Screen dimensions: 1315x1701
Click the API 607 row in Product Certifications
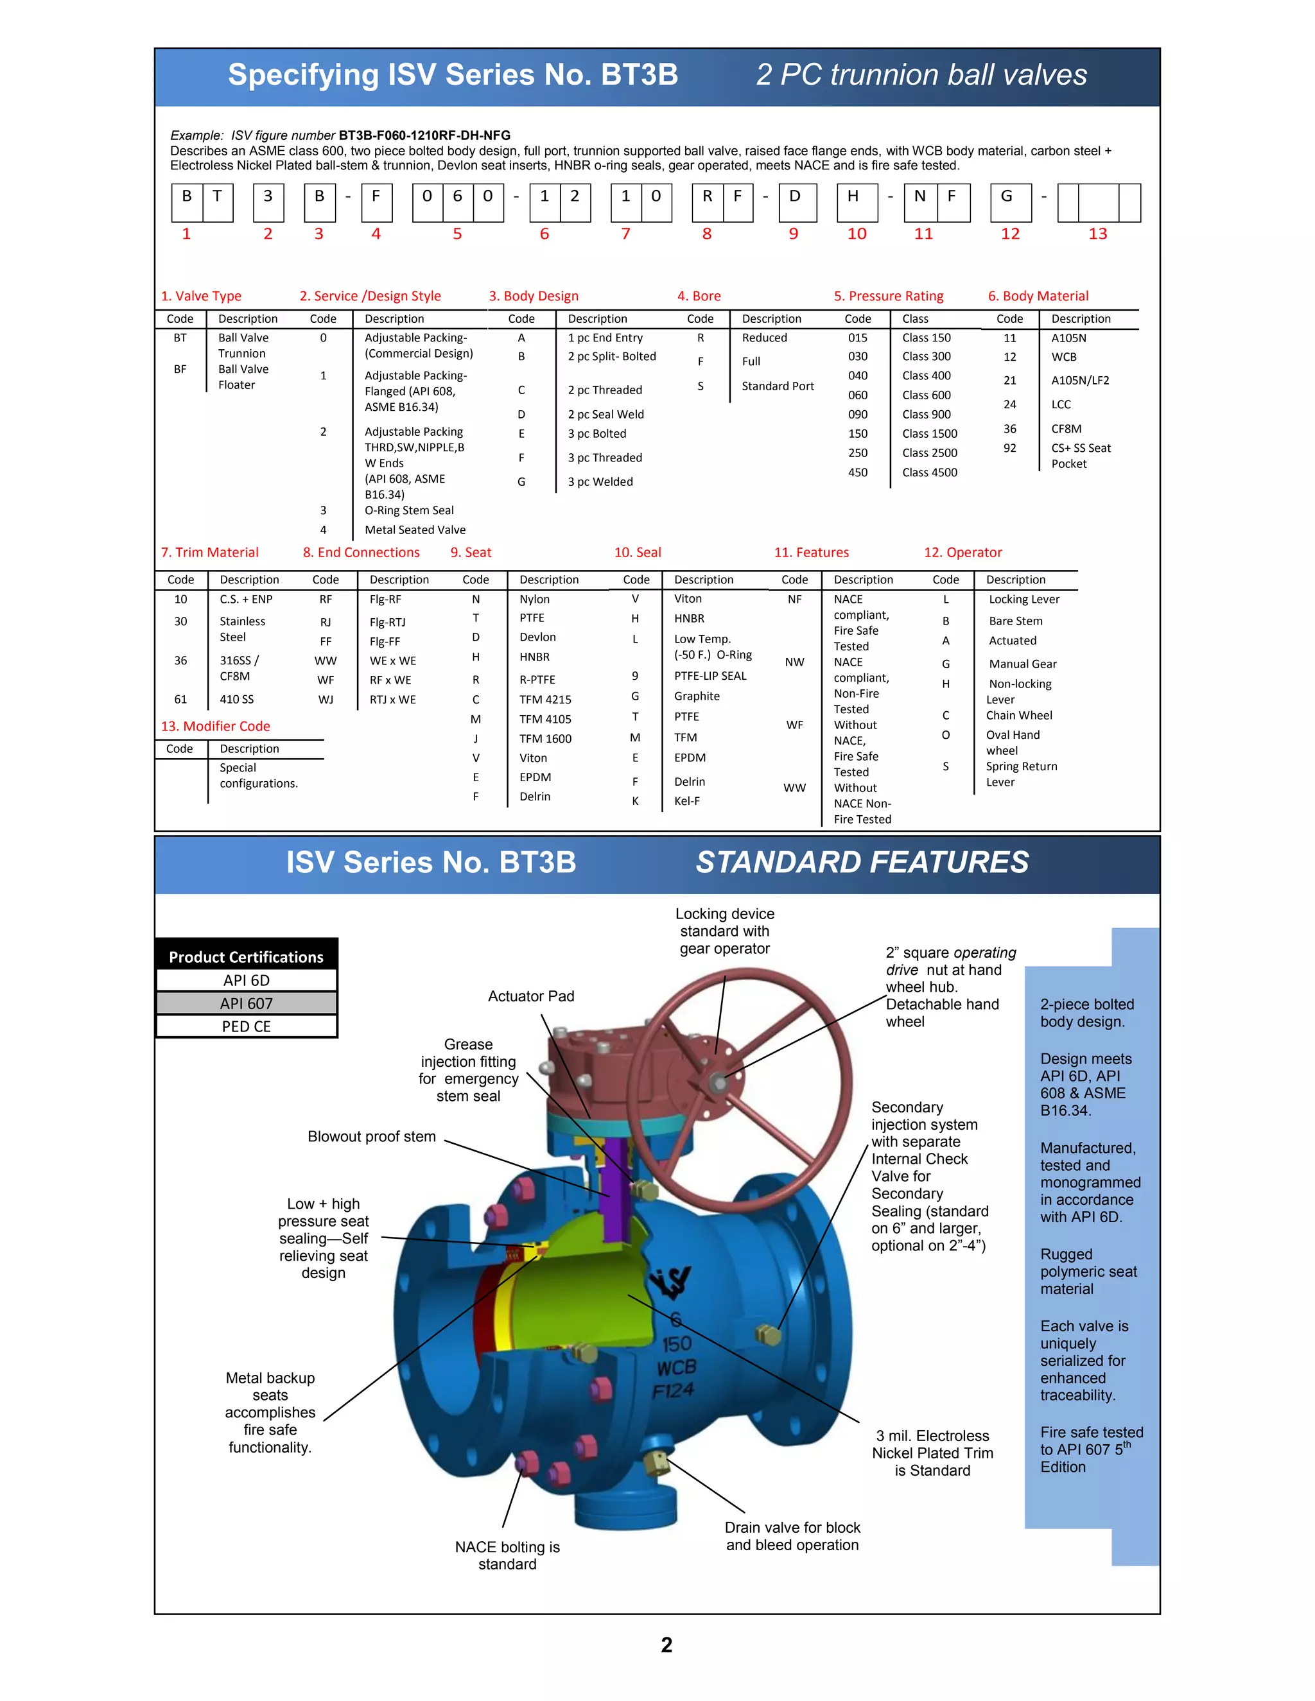point(246,1003)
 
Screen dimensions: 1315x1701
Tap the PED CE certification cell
point(246,1026)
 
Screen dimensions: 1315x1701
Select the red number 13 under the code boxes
point(1097,234)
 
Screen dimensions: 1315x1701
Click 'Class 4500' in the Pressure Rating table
point(929,472)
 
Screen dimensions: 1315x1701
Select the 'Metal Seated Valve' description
point(415,530)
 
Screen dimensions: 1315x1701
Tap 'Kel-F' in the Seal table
point(687,800)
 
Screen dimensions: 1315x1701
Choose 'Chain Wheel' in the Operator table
point(1019,715)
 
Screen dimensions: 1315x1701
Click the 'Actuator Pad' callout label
point(530,996)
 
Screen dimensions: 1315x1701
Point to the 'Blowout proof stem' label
point(372,1136)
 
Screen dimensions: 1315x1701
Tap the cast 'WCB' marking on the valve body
point(675,1368)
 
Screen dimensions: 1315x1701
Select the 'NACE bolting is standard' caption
point(507,1555)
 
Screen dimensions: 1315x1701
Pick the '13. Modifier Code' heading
point(215,726)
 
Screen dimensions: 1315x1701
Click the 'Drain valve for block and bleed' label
point(792,1536)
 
